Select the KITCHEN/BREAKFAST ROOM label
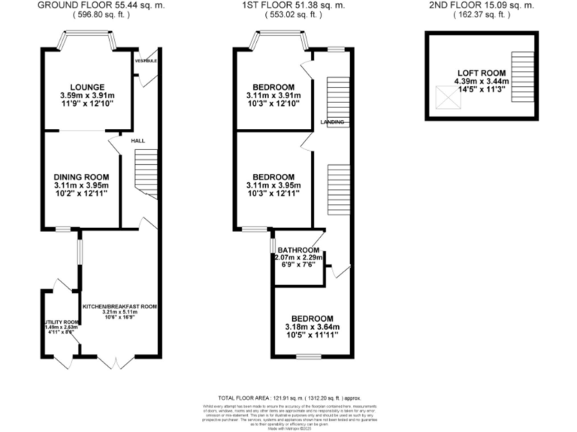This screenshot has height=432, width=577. (x=119, y=307)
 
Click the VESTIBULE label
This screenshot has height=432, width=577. (x=146, y=60)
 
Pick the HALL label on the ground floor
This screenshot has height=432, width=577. (x=137, y=140)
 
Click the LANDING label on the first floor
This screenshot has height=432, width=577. (x=332, y=121)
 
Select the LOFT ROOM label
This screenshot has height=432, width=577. (x=484, y=73)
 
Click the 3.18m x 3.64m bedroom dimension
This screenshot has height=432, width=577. (x=313, y=327)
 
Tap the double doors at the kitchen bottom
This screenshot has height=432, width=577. (x=119, y=363)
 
